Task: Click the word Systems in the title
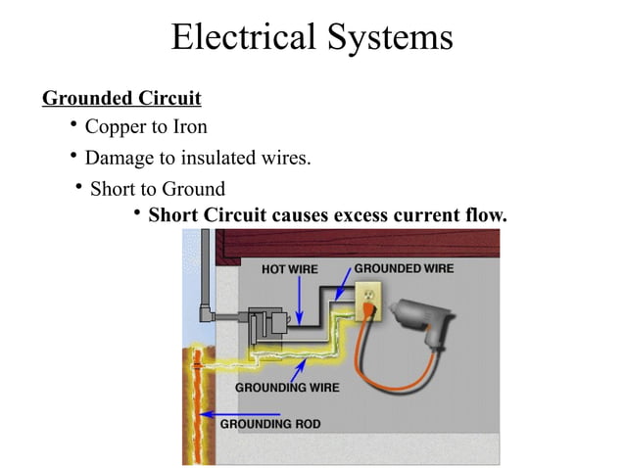[x=392, y=37]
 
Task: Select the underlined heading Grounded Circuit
[x=121, y=99]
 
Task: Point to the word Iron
[x=189, y=127]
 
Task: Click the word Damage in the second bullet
[x=120, y=158]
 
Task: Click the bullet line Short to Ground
[x=157, y=188]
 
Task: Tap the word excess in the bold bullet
[x=366, y=214]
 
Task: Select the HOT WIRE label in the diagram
[x=291, y=269]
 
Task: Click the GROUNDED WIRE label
[x=404, y=267]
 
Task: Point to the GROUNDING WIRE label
[x=287, y=388]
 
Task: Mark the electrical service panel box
[x=265, y=325]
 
